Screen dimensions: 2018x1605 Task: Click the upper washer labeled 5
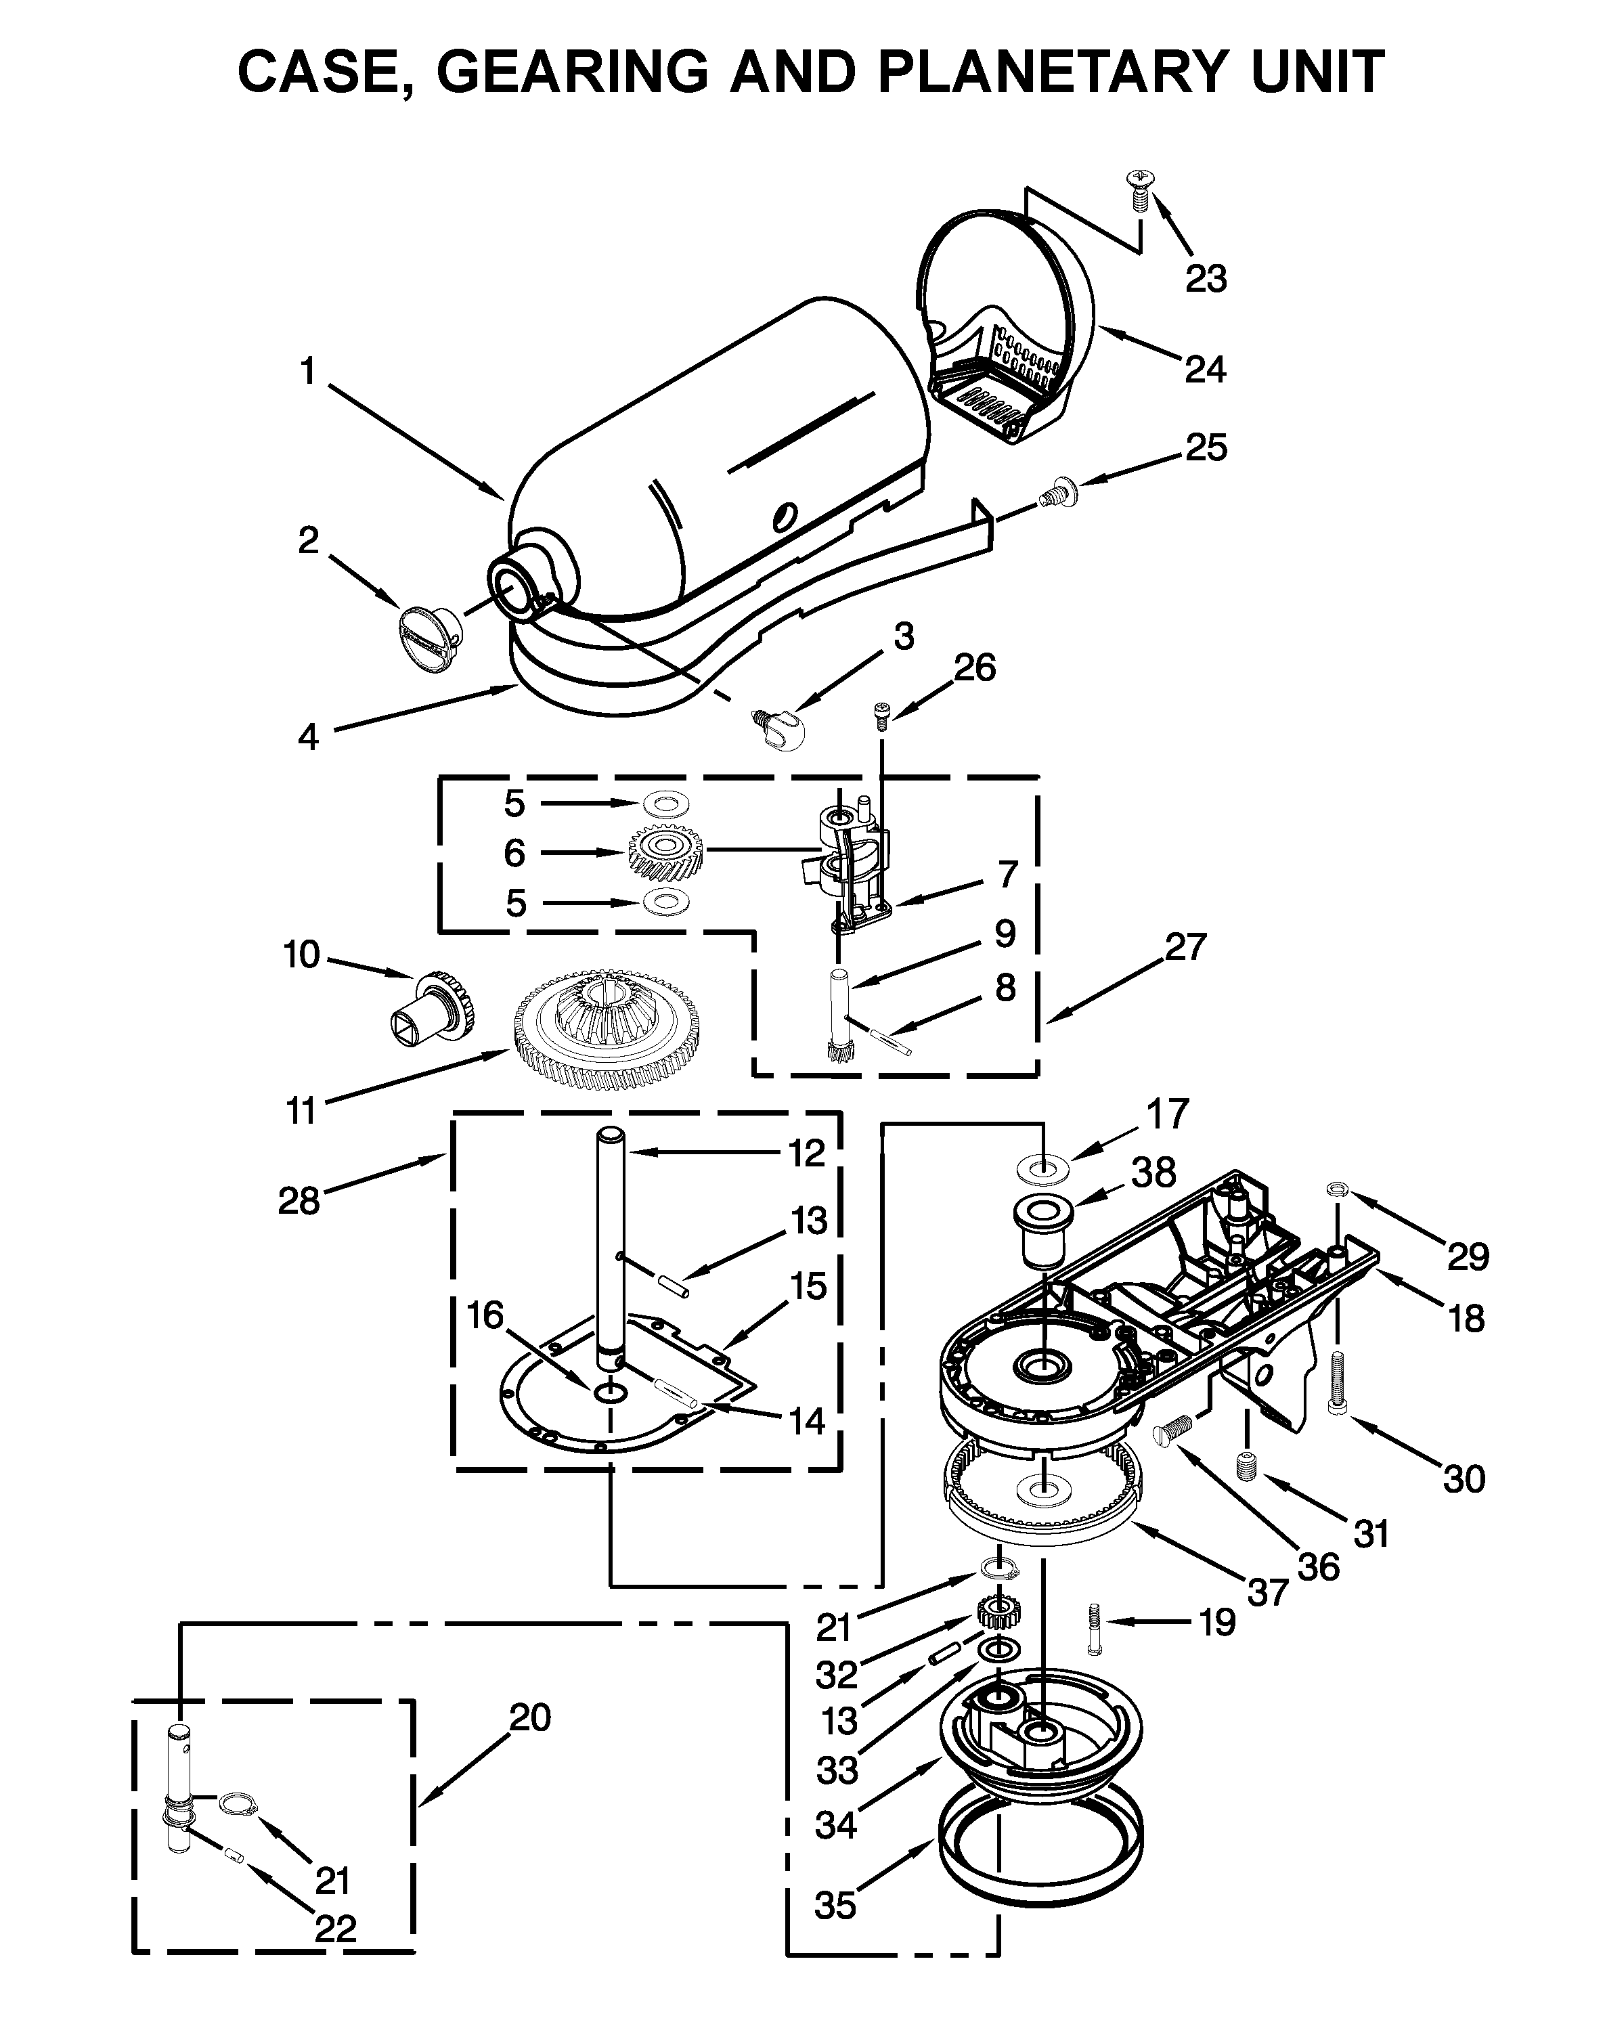point(665,802)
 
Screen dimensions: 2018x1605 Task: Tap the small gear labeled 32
point(998,1612)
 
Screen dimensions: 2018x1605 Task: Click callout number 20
point(529,1717)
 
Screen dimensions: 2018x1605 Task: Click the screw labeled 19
point(1094,1627)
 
